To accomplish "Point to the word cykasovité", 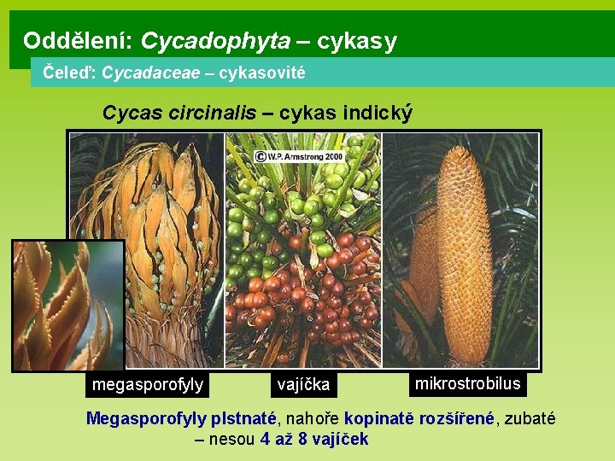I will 261,73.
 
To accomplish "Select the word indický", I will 378,112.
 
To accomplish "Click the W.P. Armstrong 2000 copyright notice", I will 298,156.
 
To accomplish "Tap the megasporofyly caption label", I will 147,385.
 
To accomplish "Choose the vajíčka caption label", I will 303,385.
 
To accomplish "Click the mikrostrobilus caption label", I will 467,383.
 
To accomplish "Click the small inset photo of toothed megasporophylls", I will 68,305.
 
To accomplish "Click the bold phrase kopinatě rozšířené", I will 419,418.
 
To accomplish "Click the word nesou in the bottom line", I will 233,439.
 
